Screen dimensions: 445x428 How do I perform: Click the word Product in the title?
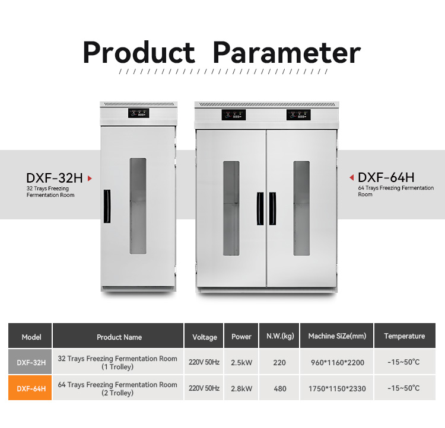[x=139, y=53]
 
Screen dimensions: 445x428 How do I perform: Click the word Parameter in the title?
[x=287, y=52]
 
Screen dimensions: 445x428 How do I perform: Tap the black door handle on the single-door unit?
[x=107, y=206]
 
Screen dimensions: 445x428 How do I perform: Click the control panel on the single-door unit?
[x=138, y=113]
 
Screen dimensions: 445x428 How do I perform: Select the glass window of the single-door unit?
[x=138, y=206]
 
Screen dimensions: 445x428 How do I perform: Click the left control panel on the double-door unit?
[x=234, y=115]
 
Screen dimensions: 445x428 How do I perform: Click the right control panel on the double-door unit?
[x=298, y=115]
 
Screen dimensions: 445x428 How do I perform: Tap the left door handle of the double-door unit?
[x=260, y=209]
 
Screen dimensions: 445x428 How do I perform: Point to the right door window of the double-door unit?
[x=301, y=209]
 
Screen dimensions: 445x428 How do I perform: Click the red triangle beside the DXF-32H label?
[x=90, y=178]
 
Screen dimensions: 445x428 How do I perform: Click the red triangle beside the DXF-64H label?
[x=352, y=178]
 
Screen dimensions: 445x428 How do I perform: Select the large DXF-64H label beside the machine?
[x=386, y=178]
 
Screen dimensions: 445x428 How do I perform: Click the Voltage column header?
[x=205, y=337]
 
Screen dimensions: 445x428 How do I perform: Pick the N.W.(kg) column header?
[x=280, y=336]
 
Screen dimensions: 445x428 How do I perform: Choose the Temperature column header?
[x=405, y=336]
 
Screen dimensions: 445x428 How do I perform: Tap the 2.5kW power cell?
[x=241, y=362]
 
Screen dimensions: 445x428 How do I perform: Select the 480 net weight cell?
[x=280, y=388]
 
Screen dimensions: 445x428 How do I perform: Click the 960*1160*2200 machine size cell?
[x=338, y=362]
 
